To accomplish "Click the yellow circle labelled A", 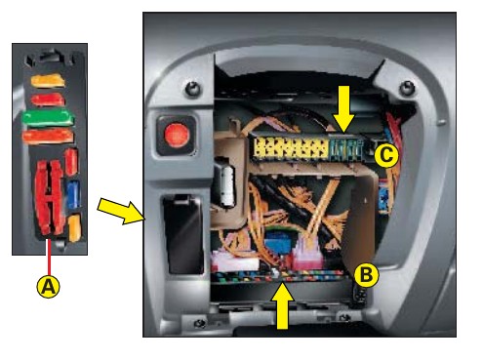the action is pyautogui.click(x=49, y=287).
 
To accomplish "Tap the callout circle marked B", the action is pyautogui.click(x=366, y=275).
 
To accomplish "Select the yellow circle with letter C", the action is pyautogui.click(x=386, y=155).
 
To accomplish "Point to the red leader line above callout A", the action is pyautogui.click(x=49, y=258).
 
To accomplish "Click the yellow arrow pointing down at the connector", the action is pyautogui.click(x=343, y=109).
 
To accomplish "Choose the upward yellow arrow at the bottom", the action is pyautogui.click(x=283, y=305).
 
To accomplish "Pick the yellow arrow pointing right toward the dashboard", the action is pyautogui.click(x=121, y=211).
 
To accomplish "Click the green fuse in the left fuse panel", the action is pyautogui.click(x=48, y=118).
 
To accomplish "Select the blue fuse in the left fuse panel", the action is pyautogui.click(x=74, y=195).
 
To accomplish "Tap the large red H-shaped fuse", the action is pyautogui.click(x=49, y=197).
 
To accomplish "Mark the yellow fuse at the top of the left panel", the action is pyautogui.click(x=48, y=81).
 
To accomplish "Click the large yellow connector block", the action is pyautogui.click(x=291, y=149).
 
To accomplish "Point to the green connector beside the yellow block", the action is pyautogui.click(x=345, y=149).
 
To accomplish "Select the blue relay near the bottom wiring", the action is pyautogui.click(x=278, y=243).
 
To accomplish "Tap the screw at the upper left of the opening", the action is pyautogui.click(x=193, y=88).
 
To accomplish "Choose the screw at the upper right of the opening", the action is pyautogui.click(x=407, y=87).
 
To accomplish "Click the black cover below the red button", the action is pyautogui.click(x=183, y=234).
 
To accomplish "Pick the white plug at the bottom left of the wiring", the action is pyautogui.click(x=234, y=260).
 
